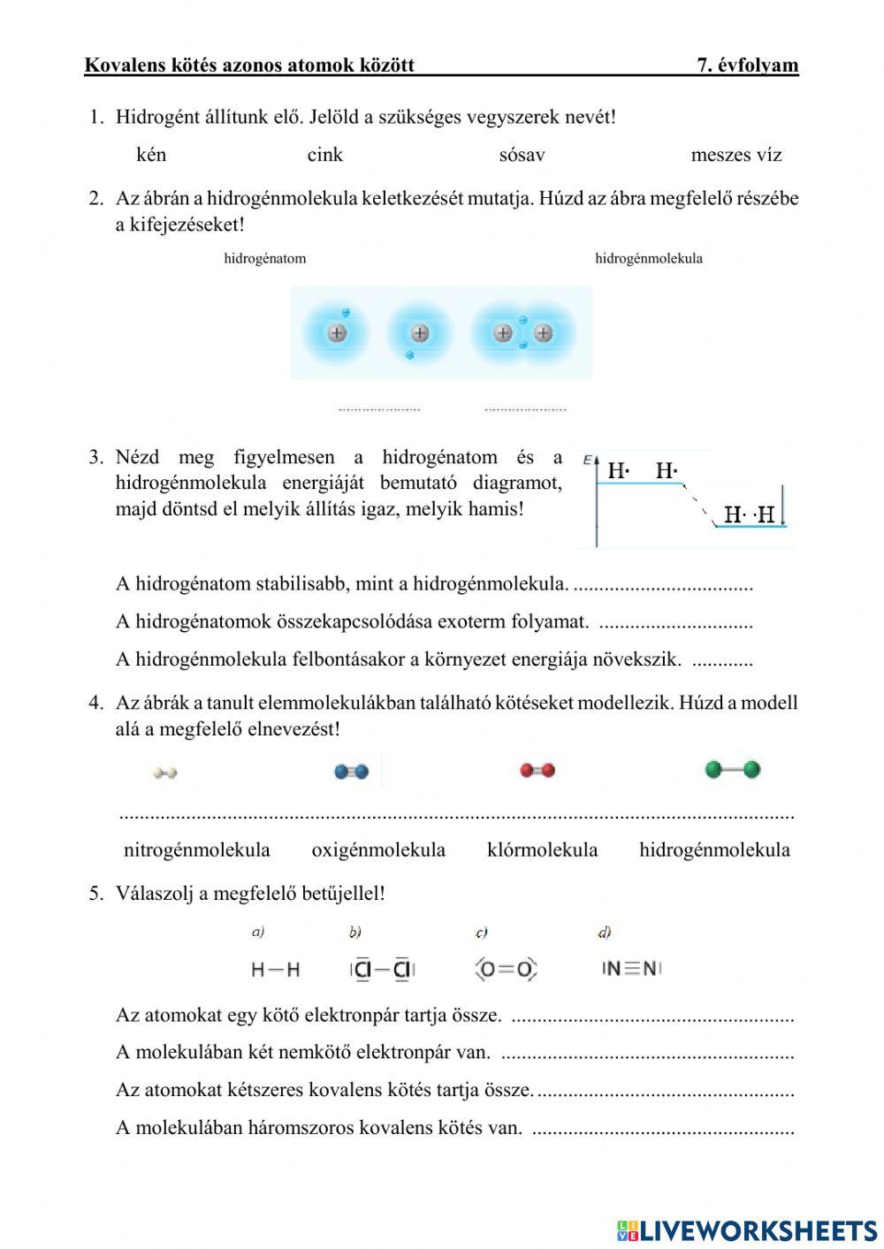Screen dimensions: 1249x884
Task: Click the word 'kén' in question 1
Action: (x=151, y=155)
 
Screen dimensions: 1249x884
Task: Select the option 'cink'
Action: (x=324, y=155)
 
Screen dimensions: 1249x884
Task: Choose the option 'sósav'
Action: (x=522, y=155)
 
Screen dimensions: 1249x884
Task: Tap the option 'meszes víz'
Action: (x=735, y=155)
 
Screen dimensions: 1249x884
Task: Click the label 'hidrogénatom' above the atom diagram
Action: (x=264, y=259)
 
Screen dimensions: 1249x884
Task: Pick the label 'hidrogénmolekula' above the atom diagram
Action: (x=648, y=259)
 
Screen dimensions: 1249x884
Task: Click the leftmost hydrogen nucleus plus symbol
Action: (x=337, y=333)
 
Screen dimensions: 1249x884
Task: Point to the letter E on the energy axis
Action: (x=587, y=460)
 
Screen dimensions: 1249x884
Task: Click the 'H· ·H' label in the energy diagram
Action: (x=749, y=514)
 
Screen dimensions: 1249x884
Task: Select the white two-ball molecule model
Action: (x=164, y=773)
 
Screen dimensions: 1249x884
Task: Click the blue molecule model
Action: (x=352, y=772)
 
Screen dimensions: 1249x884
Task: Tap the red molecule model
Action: (x=537, y=771)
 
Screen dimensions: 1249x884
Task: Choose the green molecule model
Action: (x=732, y=770)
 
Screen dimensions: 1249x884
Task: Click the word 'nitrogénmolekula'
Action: (x=196, y=850)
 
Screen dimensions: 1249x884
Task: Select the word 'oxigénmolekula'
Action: (x=378, y=850)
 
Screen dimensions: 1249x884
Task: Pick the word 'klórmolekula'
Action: (x=542, y=850)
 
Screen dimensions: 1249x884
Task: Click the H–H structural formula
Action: (x=275, y=970)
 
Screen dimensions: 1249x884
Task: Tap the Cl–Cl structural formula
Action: (x=382, y=970)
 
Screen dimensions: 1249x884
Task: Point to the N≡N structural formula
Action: (x=631, y=968)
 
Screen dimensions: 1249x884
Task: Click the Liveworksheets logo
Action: (x=747, y=1230)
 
